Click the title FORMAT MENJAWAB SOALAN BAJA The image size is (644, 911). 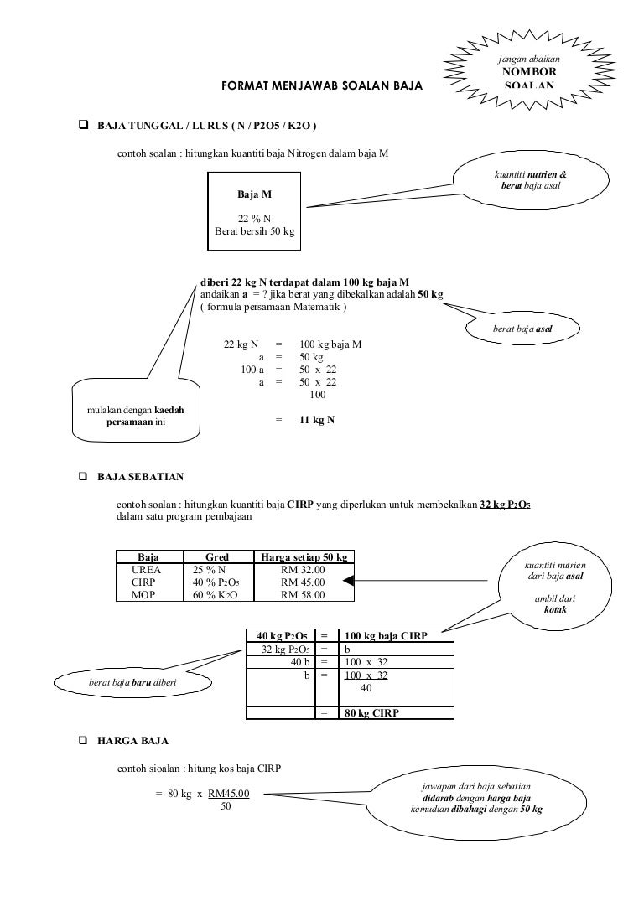(x=322, y=87)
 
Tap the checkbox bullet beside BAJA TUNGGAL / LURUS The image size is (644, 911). (x=83, y=125)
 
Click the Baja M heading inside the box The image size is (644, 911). (x=255, y=194)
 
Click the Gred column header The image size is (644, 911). (x=216, y=557)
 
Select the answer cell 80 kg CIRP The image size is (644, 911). (x=372, y=714)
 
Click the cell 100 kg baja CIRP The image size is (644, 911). (x=386, y=636)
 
